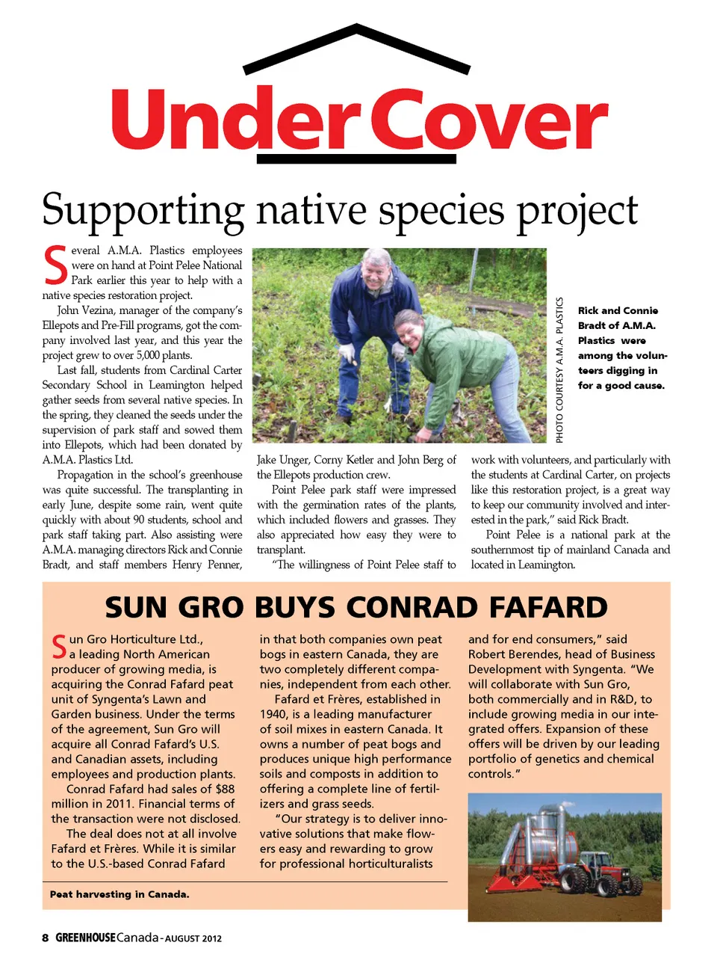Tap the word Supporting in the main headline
(x=143, y=211)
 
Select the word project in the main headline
(x=577, y=211)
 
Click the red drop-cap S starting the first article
(x=55, y=265)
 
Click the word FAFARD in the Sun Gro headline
(x=548, y=608)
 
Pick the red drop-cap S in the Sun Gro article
(x=59, y=647)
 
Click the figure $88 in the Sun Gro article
(x=225, y=789)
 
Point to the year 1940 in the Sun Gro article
(x=273, y=714)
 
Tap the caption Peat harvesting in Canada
(x=119, y=894)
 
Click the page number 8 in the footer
(x=46, y=938)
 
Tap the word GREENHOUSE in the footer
(x=86, y=938)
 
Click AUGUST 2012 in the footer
(x=193, y=938)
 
